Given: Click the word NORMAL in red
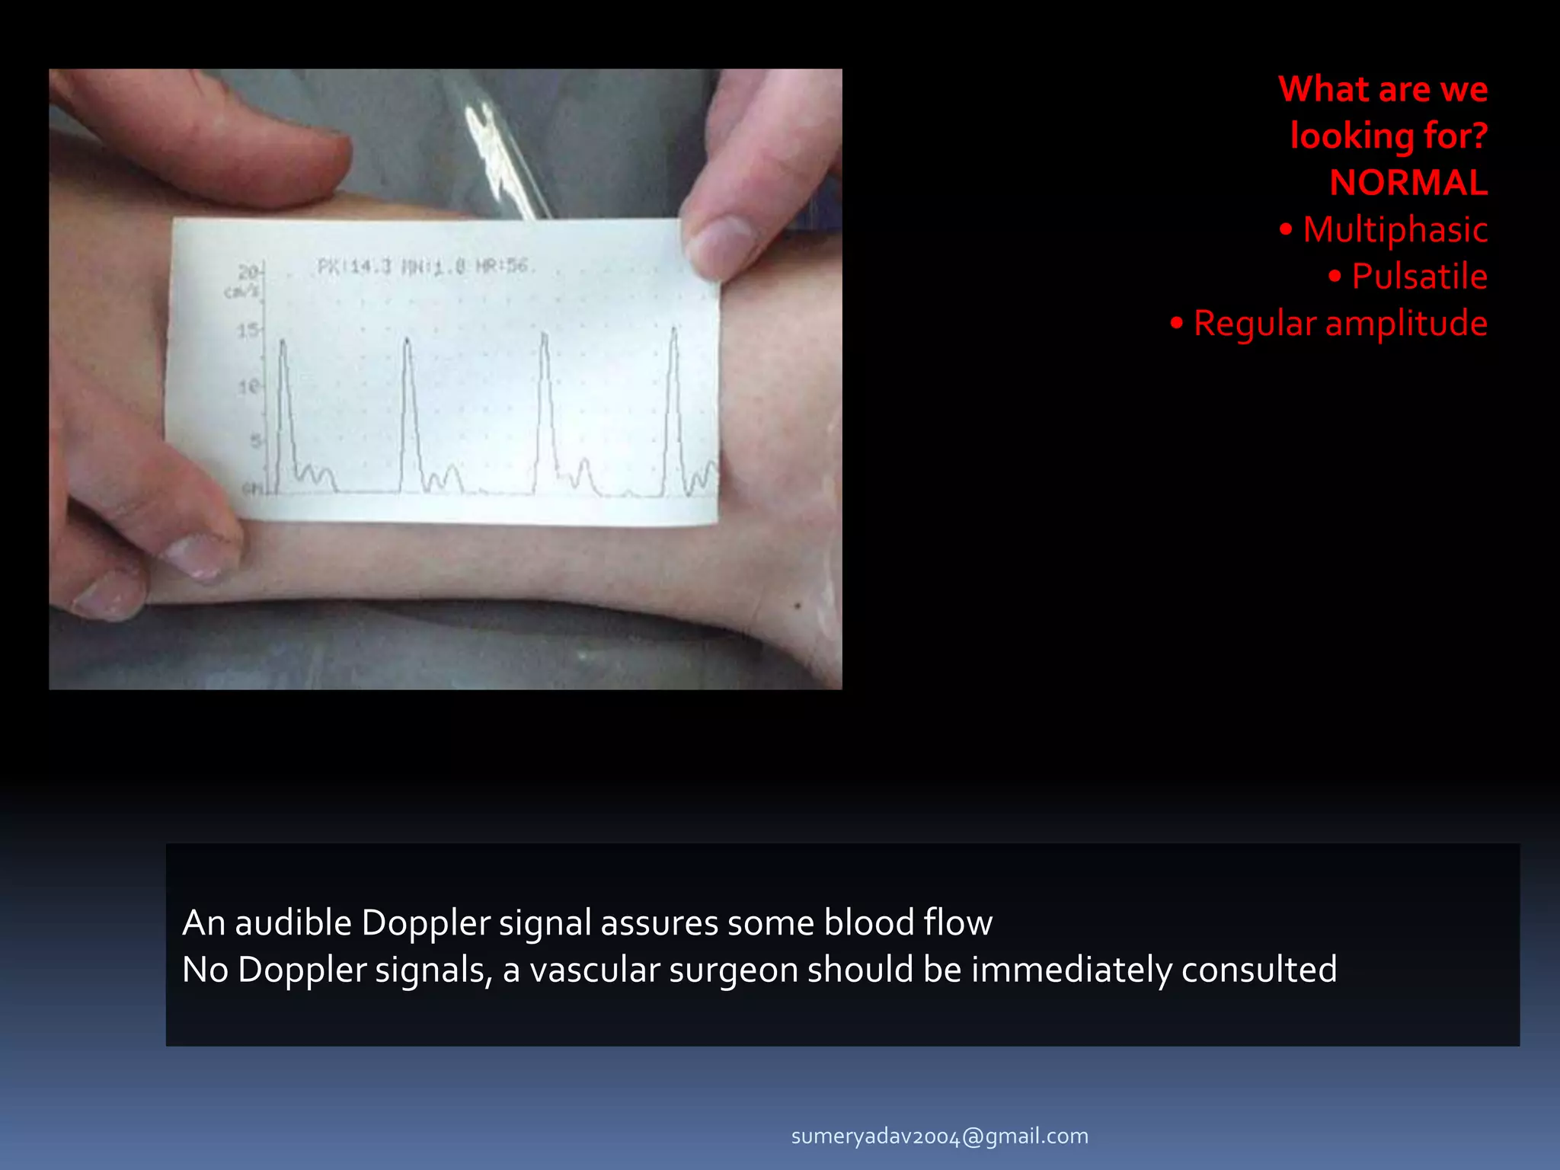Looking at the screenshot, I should [1408, 183].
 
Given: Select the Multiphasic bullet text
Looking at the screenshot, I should [1395, 229].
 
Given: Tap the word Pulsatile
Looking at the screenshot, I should [1418, 277].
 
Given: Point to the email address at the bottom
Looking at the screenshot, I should [939, 1136].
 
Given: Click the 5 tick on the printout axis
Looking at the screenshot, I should [255, 441].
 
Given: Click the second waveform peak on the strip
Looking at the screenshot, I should [407, 341].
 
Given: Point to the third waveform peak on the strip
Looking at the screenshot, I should [544, 336].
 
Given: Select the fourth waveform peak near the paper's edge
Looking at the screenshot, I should [673, 331].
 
